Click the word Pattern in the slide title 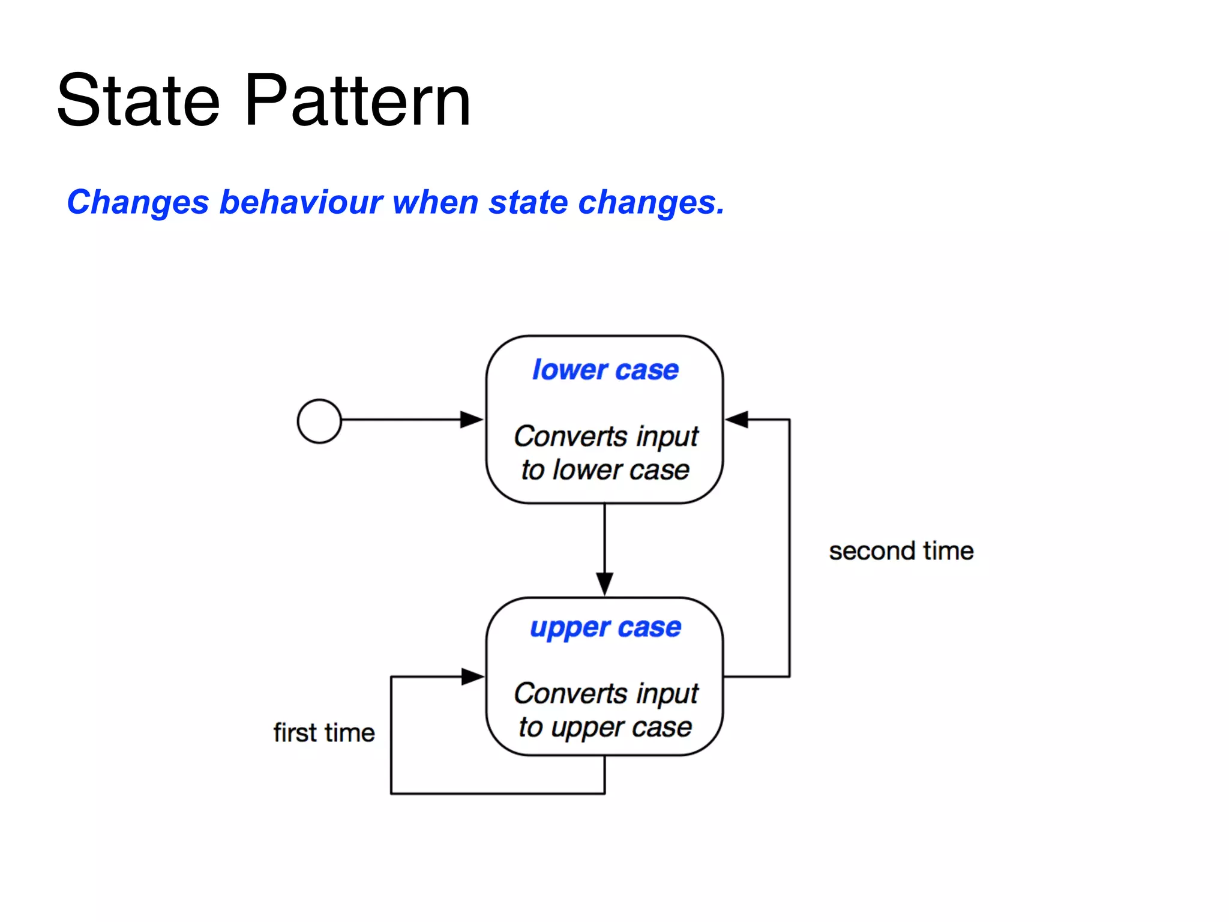coord(358,101)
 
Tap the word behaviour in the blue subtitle coord(301,202)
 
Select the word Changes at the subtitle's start coord(137,202)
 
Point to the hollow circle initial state coord(319,421)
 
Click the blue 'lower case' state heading coord(605,370)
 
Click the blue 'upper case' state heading coord(605,628)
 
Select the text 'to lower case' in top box coord(605,470)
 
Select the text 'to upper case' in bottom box coord(605,728)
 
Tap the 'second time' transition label coord(901,551)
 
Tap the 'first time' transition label coord(324,733)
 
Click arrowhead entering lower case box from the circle coord(472,420)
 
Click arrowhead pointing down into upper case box coord(604,583)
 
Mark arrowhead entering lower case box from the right coord(737,420)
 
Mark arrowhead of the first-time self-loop coord(472,676)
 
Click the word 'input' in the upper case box coord(667,694)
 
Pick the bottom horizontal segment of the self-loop coord(498,794)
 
